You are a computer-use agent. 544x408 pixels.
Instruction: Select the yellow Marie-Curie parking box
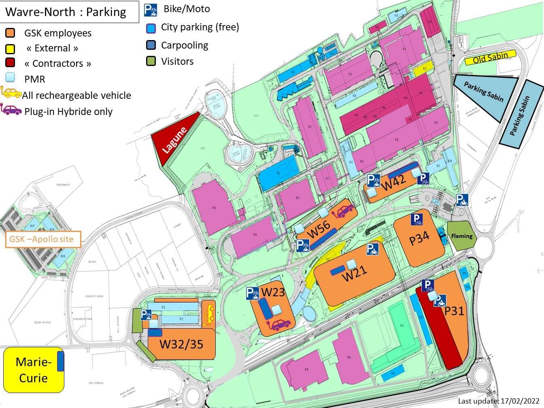coord(33,370)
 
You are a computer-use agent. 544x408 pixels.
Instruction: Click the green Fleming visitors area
coord(462,236)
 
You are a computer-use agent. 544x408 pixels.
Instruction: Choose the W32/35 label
coord(181,344)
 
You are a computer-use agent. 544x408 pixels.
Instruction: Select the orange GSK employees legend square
coord(10,33)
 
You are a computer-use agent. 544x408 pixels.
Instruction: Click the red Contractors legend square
coord(10,63)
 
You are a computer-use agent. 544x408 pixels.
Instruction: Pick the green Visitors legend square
coord(151,62)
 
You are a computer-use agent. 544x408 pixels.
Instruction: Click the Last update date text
coord(500,401)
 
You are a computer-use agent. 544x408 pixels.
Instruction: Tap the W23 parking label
coord(273,292)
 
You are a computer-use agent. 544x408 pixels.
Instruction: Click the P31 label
coord(454,311)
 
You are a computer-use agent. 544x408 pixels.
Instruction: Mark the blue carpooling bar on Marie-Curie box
coord(60,361)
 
